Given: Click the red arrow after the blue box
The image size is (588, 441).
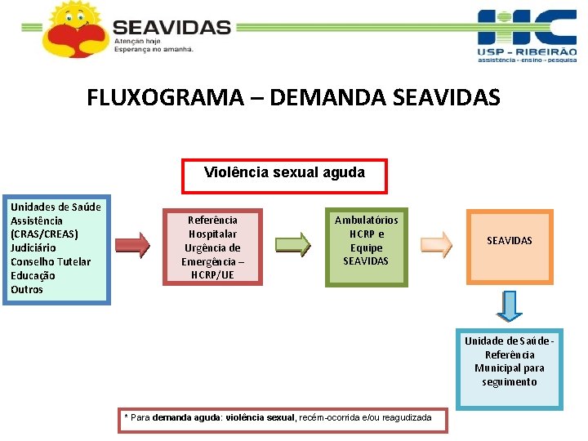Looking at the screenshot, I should pyautogui.click(x=131, y=244).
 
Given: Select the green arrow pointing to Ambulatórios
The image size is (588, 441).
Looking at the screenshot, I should pyautogui.click(x=293, y=244).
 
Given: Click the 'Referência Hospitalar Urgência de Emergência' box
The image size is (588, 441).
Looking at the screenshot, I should pyautogui.click(x=212, y=247).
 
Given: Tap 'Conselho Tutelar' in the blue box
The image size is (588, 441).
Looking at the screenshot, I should pyautogui.click(x=51, y=261).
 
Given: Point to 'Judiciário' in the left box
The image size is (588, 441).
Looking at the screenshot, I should pyautogui.click(x=37, y=247).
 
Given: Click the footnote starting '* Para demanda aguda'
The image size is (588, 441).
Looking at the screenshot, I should pyautogui.click(x=278, y=418).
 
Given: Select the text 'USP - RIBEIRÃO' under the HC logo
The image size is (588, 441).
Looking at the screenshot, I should pyautogui.click(x=527, y=52).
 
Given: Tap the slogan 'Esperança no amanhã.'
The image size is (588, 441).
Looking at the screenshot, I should pyautogui.click(x=154, y=48).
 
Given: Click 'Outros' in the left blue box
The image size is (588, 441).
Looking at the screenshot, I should pyautogui.click(x=27, y=289).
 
